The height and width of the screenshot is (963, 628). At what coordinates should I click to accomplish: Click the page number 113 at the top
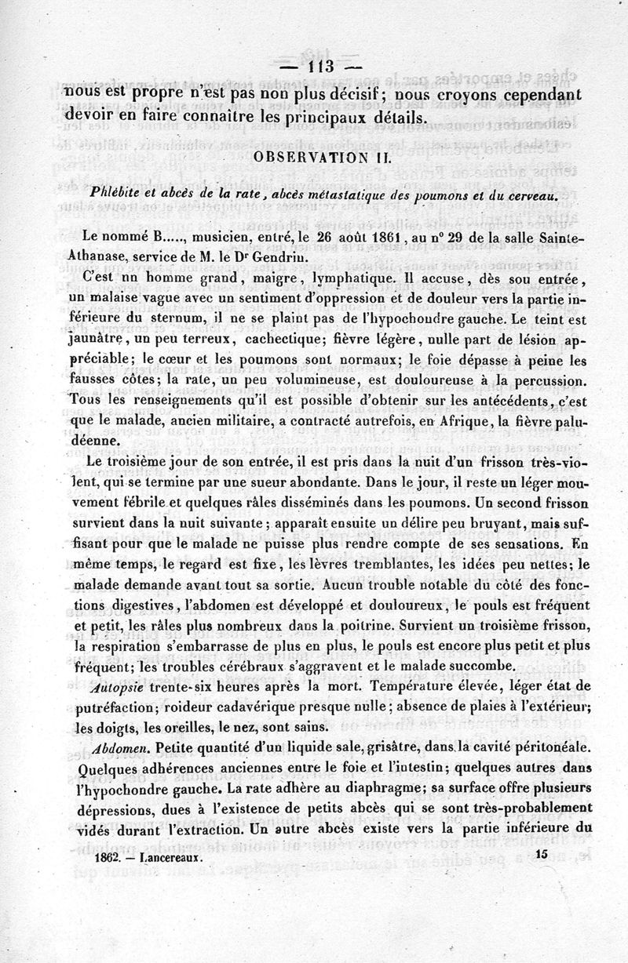click(x=322, y=66)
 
